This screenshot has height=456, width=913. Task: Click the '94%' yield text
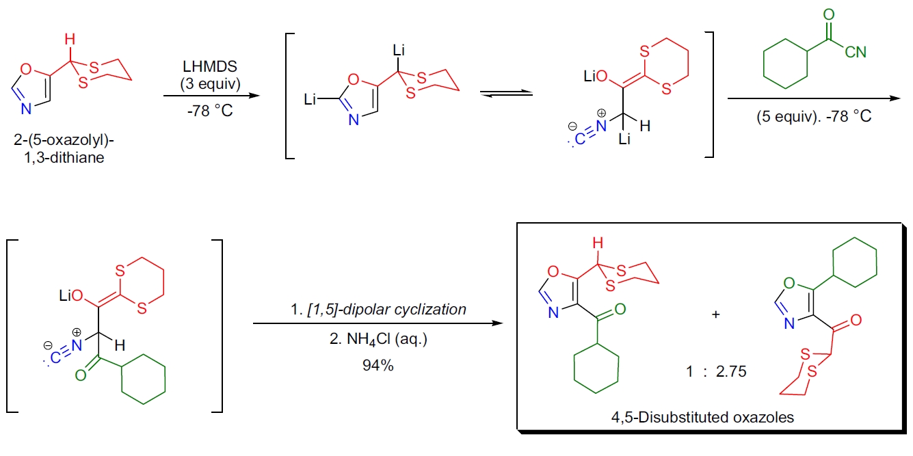point(378,365)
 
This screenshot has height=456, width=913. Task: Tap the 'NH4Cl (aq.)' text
point(378,339)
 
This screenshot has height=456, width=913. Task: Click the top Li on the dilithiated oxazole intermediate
point(400,50)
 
